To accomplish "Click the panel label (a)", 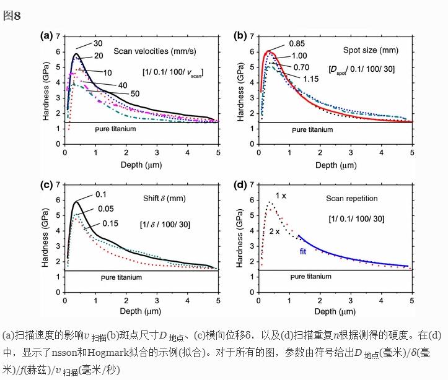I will pos(46,35).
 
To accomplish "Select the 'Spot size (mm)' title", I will pos(370,51).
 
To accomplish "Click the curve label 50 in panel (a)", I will pos(134,93).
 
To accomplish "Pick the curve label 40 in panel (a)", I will pos(123,84).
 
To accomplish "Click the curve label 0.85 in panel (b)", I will pos(296,43).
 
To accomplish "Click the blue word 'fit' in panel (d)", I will pos(304,251).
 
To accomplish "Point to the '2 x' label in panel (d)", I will pos(274,231).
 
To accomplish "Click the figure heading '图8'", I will pos(12,16).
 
